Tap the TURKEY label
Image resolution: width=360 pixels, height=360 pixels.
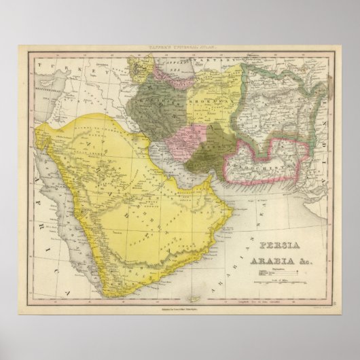click(75, 65)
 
